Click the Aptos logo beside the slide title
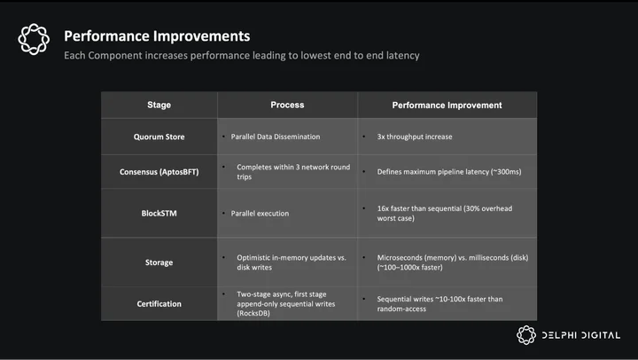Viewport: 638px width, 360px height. (x=34, y=39)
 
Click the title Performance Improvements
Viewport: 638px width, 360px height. (x=157, y=36)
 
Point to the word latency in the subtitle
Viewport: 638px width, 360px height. (x=403, y=55)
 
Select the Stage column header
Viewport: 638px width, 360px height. (x=159, y=105)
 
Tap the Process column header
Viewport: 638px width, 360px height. (x=287, y=105)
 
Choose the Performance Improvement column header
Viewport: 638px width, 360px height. (x=447, y=105)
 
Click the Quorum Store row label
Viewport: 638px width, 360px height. (x=159, y=137)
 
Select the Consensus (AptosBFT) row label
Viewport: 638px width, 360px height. (x=159, y=172)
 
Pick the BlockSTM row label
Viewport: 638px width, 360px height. (x=159, y=214)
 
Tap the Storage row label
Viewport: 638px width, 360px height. (x=159, y=262)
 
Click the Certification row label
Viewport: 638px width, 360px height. (x=159, y=304)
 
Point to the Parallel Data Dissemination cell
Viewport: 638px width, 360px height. (x=276, y=137)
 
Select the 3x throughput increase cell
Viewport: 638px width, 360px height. (x=415, y=137)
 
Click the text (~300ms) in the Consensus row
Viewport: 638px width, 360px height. (x=506, y=172)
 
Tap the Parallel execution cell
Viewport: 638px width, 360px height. (x=260, y=214)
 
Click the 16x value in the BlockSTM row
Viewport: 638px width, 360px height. (x=383, y=208)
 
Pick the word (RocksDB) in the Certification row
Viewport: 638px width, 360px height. (x=253, y=313)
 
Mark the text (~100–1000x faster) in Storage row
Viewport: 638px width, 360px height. (x=409, y=268)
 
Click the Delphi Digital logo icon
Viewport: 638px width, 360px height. (x=526, y=335)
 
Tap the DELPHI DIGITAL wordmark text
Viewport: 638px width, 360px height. (x=581, y=335)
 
